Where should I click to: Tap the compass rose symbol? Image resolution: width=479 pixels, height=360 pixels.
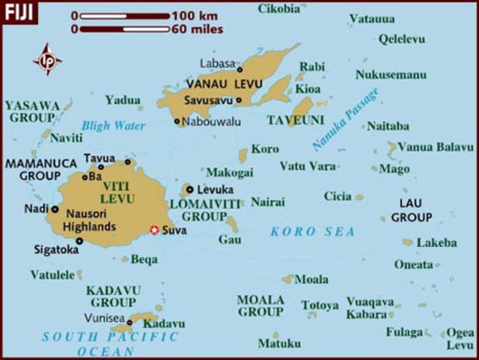tap(47, 59)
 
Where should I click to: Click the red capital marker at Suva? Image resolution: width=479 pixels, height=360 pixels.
tap(154, 229)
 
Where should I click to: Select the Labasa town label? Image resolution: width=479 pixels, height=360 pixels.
tap(218, 64)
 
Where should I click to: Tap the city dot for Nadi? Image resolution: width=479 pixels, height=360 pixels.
tap(55, 209)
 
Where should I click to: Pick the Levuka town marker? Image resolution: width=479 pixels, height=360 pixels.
tap(190, 189)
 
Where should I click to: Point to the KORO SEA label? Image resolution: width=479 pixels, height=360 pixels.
tap(313, 231)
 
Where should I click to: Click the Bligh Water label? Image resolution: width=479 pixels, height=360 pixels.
tap(113, 126)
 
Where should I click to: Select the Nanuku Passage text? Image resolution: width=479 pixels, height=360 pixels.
tap(345, 118)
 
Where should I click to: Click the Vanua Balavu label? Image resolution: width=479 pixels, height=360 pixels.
tap(435, 147)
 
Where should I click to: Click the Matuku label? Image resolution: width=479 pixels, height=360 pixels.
tap(278, 344)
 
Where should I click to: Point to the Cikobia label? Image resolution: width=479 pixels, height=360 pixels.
tap(278, 8)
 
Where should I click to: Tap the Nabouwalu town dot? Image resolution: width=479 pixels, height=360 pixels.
tap(177, 120)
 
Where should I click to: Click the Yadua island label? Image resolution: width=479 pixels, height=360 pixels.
tap(123, 99)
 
